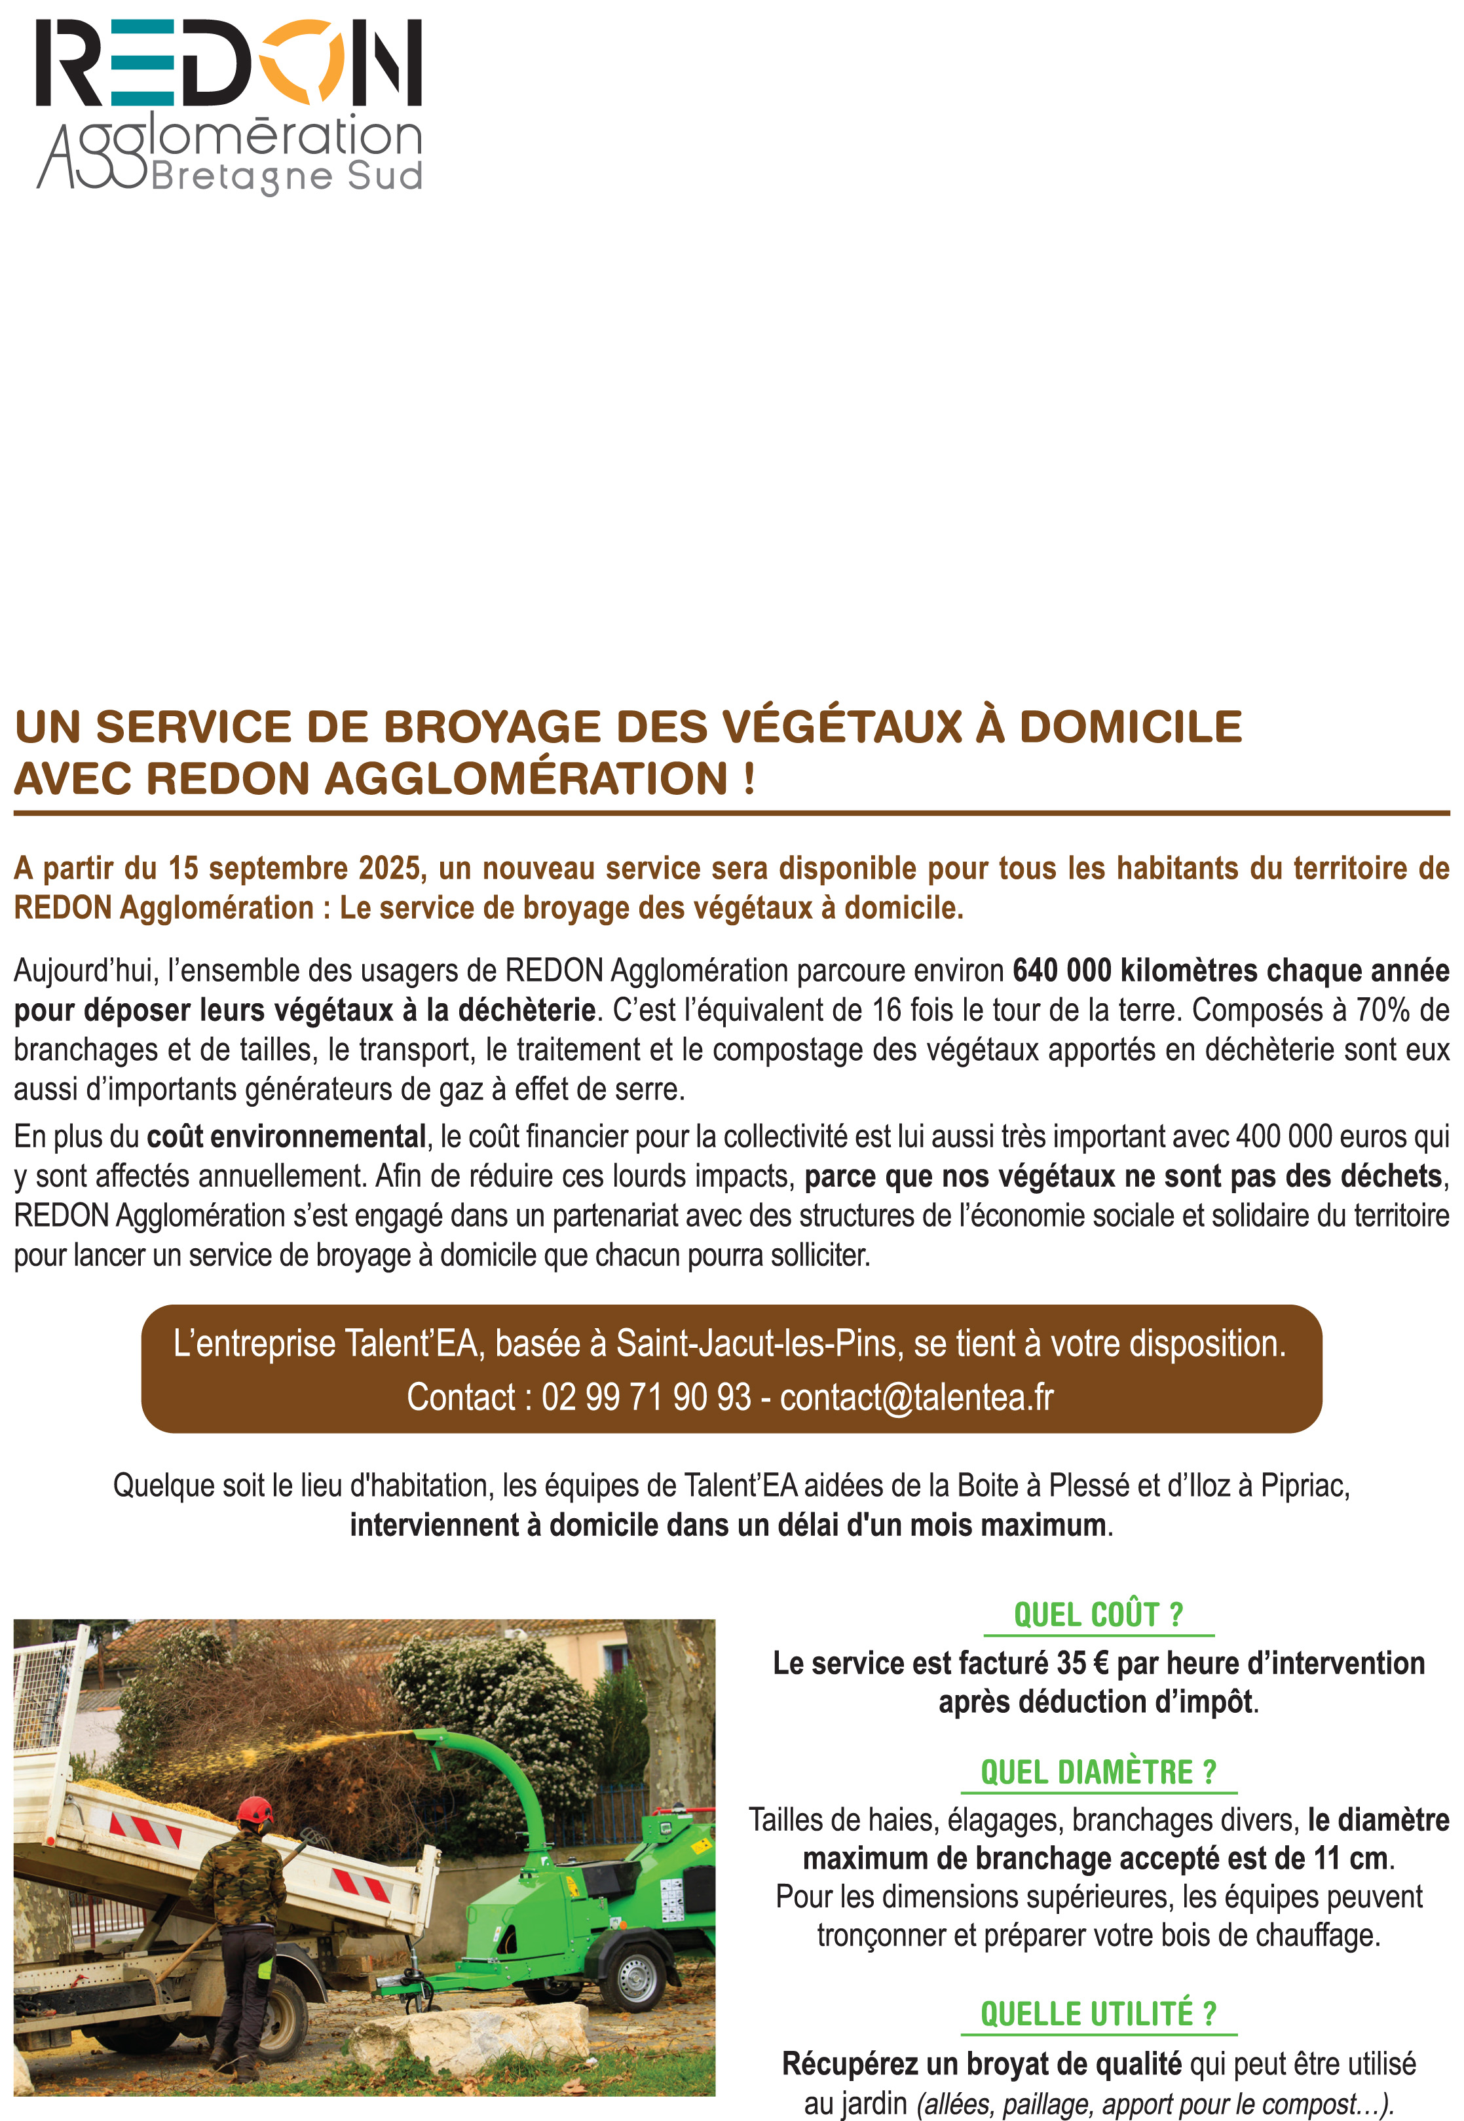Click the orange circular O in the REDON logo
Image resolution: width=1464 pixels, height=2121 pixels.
[301, 62]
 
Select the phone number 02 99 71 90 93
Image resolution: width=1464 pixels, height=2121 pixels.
[646, 1397]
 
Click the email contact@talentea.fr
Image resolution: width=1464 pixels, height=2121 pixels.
[916, 1397]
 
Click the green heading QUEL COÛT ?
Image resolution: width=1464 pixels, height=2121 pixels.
[1098, 1614]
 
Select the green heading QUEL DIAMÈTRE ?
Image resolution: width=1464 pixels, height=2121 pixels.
[1098, 1772]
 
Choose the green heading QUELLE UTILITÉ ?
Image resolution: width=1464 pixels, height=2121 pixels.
[1098, 2014]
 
